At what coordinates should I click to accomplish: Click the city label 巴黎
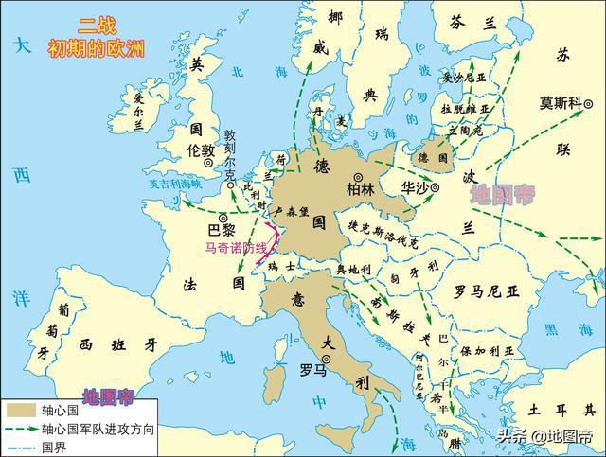click(220, 230)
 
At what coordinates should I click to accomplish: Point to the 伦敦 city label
click(201, 151)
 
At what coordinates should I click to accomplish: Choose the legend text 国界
click(52, 446)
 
